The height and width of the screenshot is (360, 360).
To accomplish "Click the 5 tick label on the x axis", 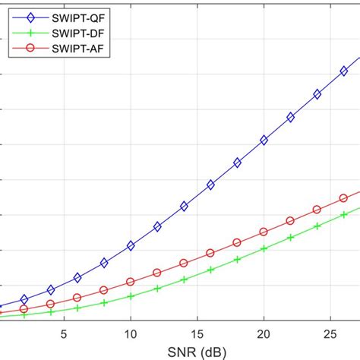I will (65, 333).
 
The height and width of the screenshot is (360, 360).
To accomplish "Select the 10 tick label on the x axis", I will (131, 333).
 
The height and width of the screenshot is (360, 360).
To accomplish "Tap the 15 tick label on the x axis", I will (197, 333).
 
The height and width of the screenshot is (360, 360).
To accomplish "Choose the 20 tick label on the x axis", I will (264, 333).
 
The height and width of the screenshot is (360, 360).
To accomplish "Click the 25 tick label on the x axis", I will (330, 333).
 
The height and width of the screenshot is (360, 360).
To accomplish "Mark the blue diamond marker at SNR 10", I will (131, 245).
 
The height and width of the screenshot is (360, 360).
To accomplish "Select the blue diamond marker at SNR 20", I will (264, 140).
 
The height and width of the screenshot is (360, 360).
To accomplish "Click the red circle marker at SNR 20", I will (264, 232).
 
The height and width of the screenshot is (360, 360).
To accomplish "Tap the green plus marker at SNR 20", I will (264, 248).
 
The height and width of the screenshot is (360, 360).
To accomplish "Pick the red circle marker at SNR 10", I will (131, 282).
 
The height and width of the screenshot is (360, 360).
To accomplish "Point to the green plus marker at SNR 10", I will (131, 295).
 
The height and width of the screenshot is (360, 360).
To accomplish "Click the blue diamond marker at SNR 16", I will (210, 185).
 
